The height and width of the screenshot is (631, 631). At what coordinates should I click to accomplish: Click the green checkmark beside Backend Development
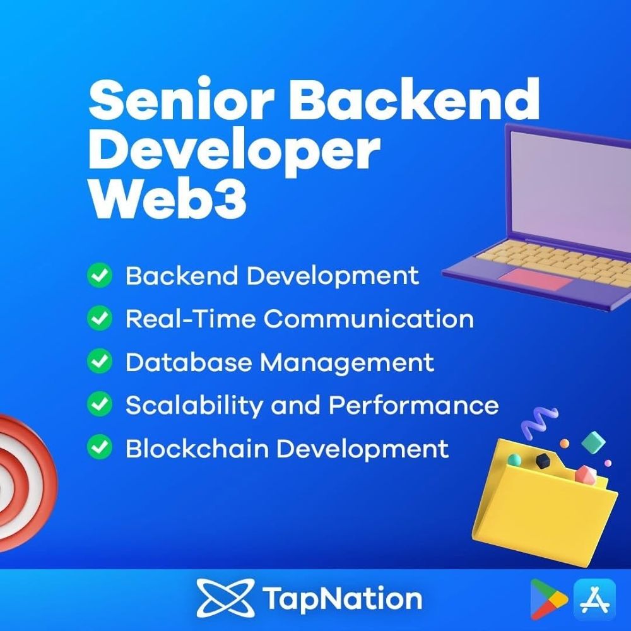click(x=99, y=276)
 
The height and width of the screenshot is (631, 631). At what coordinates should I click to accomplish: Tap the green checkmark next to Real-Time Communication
click(x=99, y=319)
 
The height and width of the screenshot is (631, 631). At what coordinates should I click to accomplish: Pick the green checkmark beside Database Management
click(x=99, y=362)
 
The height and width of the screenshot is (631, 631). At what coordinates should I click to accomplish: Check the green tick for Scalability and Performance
click(x=99, y=405)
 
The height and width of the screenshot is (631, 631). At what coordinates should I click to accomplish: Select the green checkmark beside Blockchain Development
click(x=99, y=449)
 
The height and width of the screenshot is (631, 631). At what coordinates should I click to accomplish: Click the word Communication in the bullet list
click(x=369, y=319)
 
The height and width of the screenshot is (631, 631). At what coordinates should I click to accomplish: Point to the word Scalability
click(x=194, y=405)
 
